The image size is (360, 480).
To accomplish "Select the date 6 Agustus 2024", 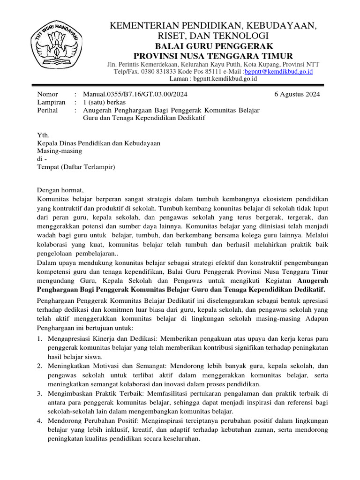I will click(297, 94).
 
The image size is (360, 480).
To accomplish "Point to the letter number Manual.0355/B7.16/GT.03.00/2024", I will click(135, 94).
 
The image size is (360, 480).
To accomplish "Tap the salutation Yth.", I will click(43, 135).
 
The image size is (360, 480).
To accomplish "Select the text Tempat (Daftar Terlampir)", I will click(76, 166).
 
